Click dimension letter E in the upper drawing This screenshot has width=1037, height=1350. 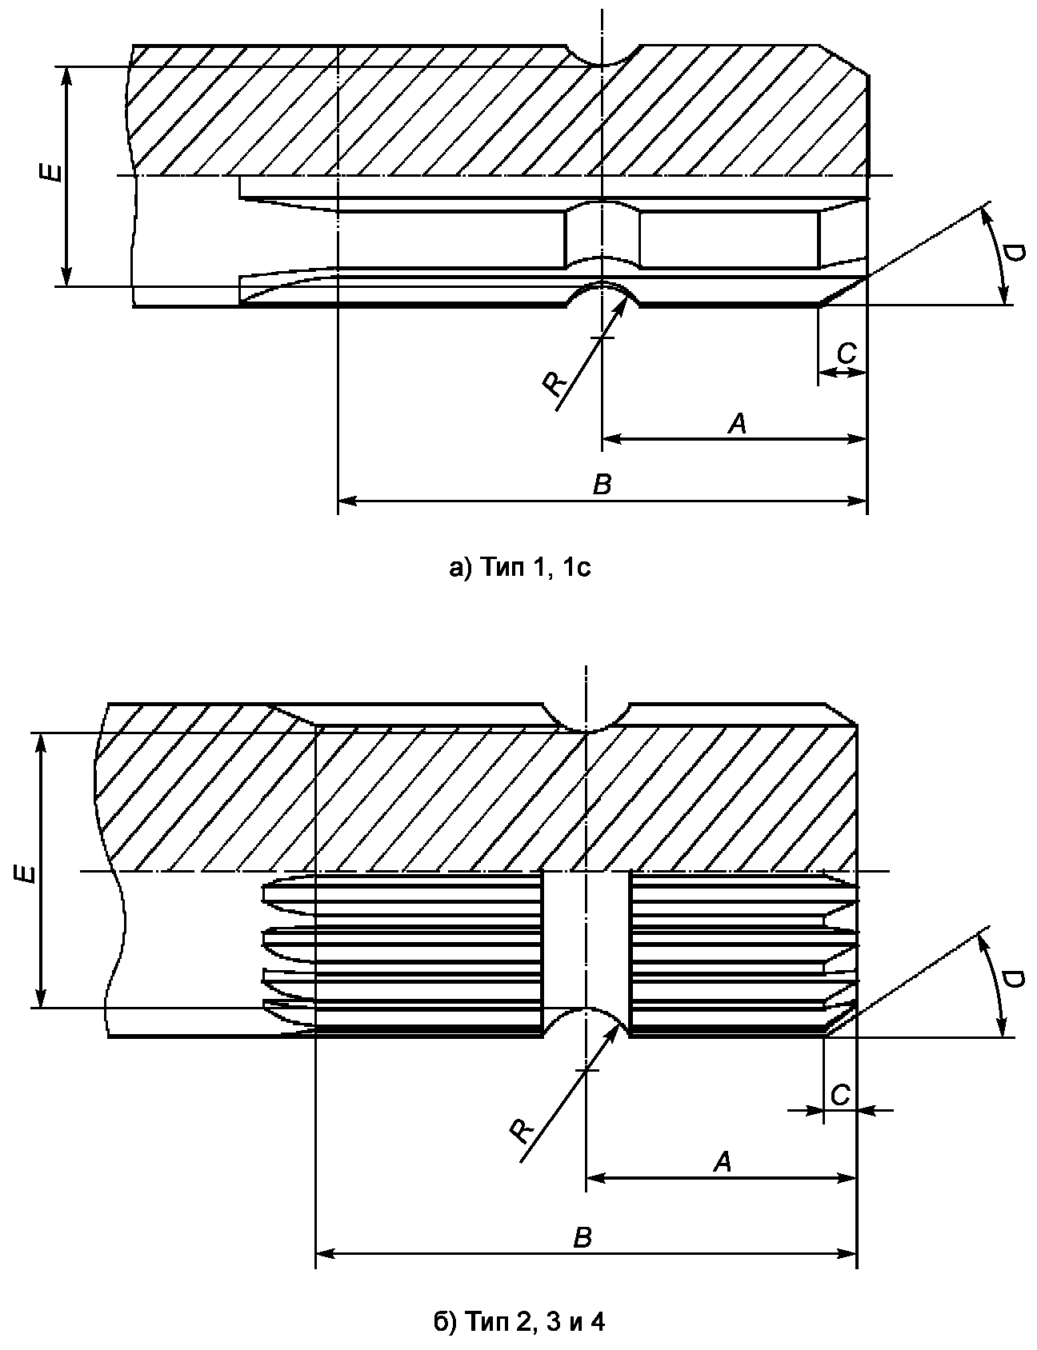click(52, 171)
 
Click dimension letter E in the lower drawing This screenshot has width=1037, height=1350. click(27, 871)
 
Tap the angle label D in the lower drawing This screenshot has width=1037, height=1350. click(1012, 981)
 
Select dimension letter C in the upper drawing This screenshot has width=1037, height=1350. click(847, 353)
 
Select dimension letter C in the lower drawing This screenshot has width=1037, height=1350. click(840, 1094)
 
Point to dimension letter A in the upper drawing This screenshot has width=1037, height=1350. click(737, 424)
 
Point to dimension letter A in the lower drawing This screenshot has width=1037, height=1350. click(723, 1162)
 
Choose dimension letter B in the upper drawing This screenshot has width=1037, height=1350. click(602, 485)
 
